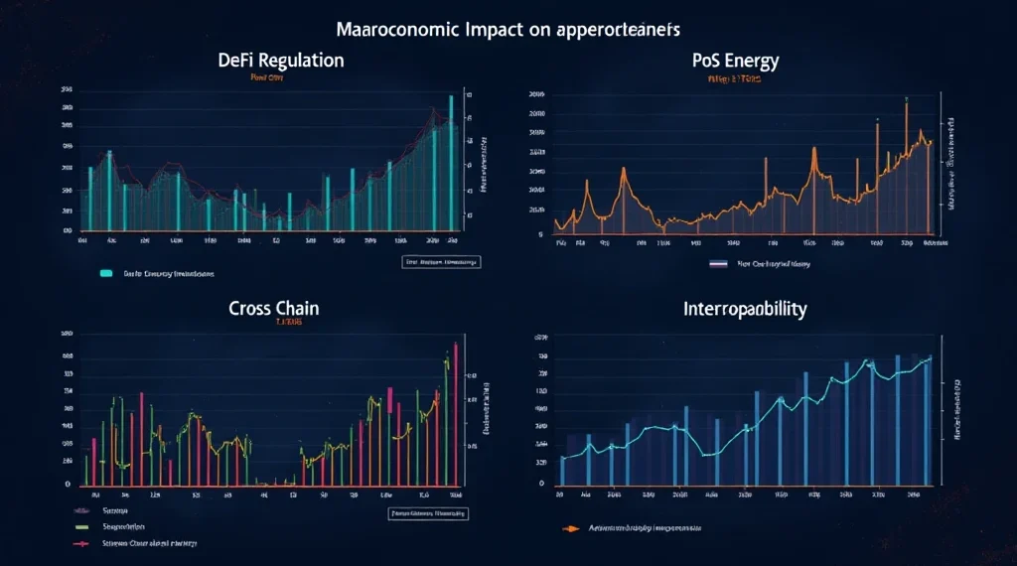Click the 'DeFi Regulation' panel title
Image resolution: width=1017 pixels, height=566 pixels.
tap(281, 61)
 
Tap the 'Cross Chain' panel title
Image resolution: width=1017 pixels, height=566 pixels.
tap(274, 309)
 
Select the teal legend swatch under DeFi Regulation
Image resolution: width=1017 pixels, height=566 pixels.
tap(106, 271)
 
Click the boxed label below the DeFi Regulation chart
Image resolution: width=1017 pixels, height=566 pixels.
tap(440, 262)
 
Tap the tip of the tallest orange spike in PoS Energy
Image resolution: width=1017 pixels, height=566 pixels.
tap(907, 99)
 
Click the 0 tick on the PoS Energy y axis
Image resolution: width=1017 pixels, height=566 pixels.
tap(539, 235)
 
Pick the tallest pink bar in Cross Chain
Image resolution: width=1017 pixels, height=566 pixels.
tap(455, 412)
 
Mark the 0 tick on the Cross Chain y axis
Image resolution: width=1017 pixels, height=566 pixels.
tap(68, 484)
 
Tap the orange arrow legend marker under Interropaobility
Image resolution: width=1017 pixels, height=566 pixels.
tap(570, 528)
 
